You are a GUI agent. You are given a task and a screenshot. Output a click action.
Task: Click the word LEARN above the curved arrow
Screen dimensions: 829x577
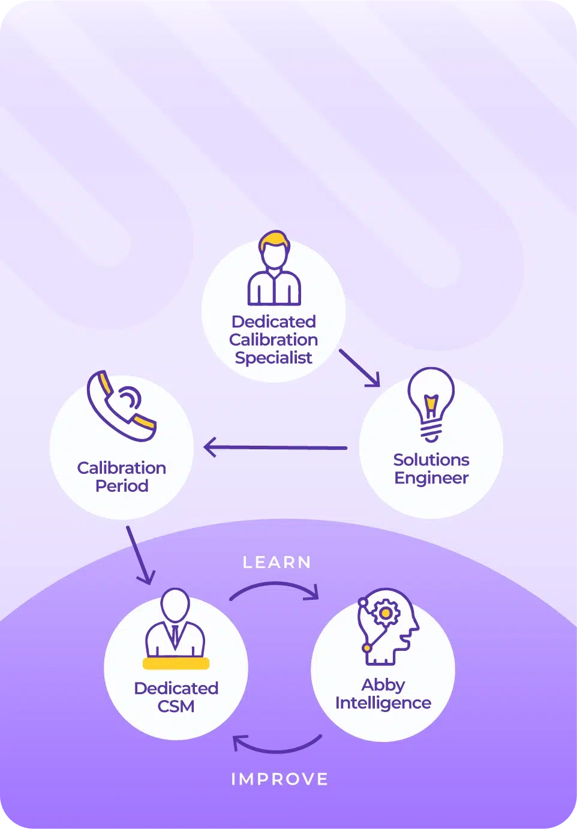277,562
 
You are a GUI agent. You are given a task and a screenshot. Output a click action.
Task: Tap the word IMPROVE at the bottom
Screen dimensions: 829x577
280,779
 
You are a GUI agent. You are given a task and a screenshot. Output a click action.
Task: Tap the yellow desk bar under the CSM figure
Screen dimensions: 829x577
176,663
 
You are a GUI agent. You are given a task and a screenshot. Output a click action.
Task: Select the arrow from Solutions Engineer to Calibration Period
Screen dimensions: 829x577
275,447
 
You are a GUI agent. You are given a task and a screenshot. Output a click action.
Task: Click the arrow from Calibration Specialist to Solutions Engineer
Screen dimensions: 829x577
359,368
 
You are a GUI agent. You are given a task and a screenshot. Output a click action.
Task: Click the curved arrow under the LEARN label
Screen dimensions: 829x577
275,590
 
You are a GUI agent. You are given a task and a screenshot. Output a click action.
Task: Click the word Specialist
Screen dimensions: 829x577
274,358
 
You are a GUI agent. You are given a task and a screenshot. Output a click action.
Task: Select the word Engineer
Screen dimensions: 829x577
431,478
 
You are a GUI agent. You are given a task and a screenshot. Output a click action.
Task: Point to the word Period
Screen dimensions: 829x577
122,486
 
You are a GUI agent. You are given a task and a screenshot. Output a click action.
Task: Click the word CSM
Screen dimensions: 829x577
176,706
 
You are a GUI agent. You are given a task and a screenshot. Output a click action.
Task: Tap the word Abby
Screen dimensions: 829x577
383,685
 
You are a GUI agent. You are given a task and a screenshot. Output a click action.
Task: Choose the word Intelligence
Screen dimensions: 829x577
383,703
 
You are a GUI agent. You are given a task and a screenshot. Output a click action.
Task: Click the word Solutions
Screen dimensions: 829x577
431,460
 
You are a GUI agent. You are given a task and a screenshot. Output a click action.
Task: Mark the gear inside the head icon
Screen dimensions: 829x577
386,613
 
